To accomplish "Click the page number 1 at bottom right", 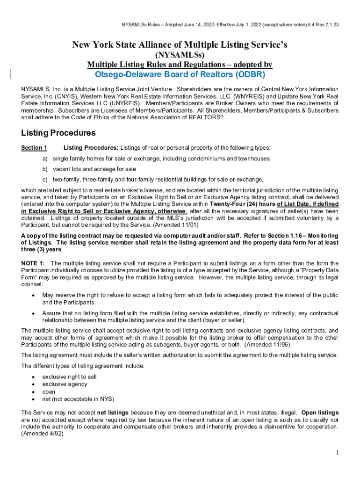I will pos(337,453).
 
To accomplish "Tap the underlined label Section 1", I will pos(34,148).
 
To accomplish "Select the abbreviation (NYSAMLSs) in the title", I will pos(180,55).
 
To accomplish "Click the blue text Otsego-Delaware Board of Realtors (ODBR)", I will pos(180,75).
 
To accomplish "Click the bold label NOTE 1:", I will pos(33,263).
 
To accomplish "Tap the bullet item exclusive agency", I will pos(65,384).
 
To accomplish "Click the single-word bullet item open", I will pos(49,392).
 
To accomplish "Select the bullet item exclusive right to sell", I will pos(70,377).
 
